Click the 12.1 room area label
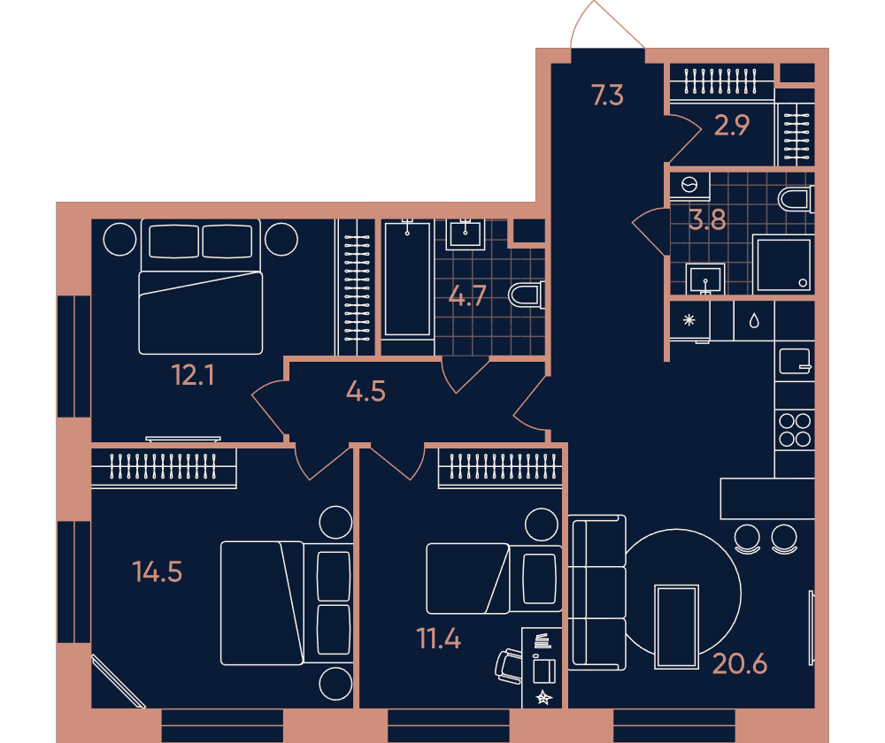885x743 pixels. click(193, 375)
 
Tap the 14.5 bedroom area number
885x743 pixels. click(158, 571)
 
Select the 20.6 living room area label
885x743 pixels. click(739, 664)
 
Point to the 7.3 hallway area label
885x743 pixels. click(607, 95)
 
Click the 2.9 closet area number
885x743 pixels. click(732, 126)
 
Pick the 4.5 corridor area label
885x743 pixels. click(366, 391)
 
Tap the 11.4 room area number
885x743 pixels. click(439, 639)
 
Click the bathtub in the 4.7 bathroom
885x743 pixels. click(407, 280)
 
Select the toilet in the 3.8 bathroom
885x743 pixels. click(796, 200)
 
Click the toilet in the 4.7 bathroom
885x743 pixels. click(526, 295)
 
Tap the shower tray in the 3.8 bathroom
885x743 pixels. click(783, 264)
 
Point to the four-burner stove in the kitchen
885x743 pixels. click(795, 430)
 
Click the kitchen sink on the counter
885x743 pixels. click(795, 362)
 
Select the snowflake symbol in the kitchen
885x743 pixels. click(689, 320)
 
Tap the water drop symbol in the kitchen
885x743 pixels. click(754, 321)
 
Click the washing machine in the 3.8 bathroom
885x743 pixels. click(689, 187)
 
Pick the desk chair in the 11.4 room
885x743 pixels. click(509, 666)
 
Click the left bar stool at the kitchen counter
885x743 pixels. click(747, 540)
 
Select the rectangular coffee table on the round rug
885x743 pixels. click(676, 627)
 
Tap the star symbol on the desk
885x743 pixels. click(543, 697)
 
